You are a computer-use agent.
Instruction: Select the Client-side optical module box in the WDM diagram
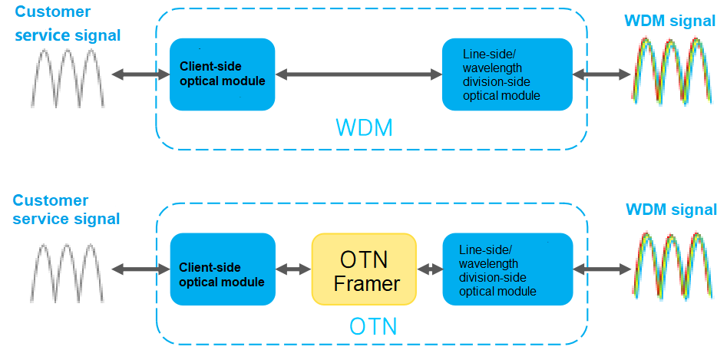(222, 74)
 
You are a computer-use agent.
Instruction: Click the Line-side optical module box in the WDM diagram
(507, 74)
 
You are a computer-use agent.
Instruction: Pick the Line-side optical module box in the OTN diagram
(507, 271)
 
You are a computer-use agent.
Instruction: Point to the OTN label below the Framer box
(373, 326)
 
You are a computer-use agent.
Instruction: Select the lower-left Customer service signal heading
(67, 210)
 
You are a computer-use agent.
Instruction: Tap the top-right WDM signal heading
(670, 21)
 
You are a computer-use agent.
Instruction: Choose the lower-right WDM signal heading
(671, 210)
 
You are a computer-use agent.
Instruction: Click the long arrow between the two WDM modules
(359, 74)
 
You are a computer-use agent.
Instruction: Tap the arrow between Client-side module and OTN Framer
(293, 269)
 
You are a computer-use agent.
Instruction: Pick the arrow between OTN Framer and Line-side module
(430, 269)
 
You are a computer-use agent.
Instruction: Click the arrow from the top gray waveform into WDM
(140, 74)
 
